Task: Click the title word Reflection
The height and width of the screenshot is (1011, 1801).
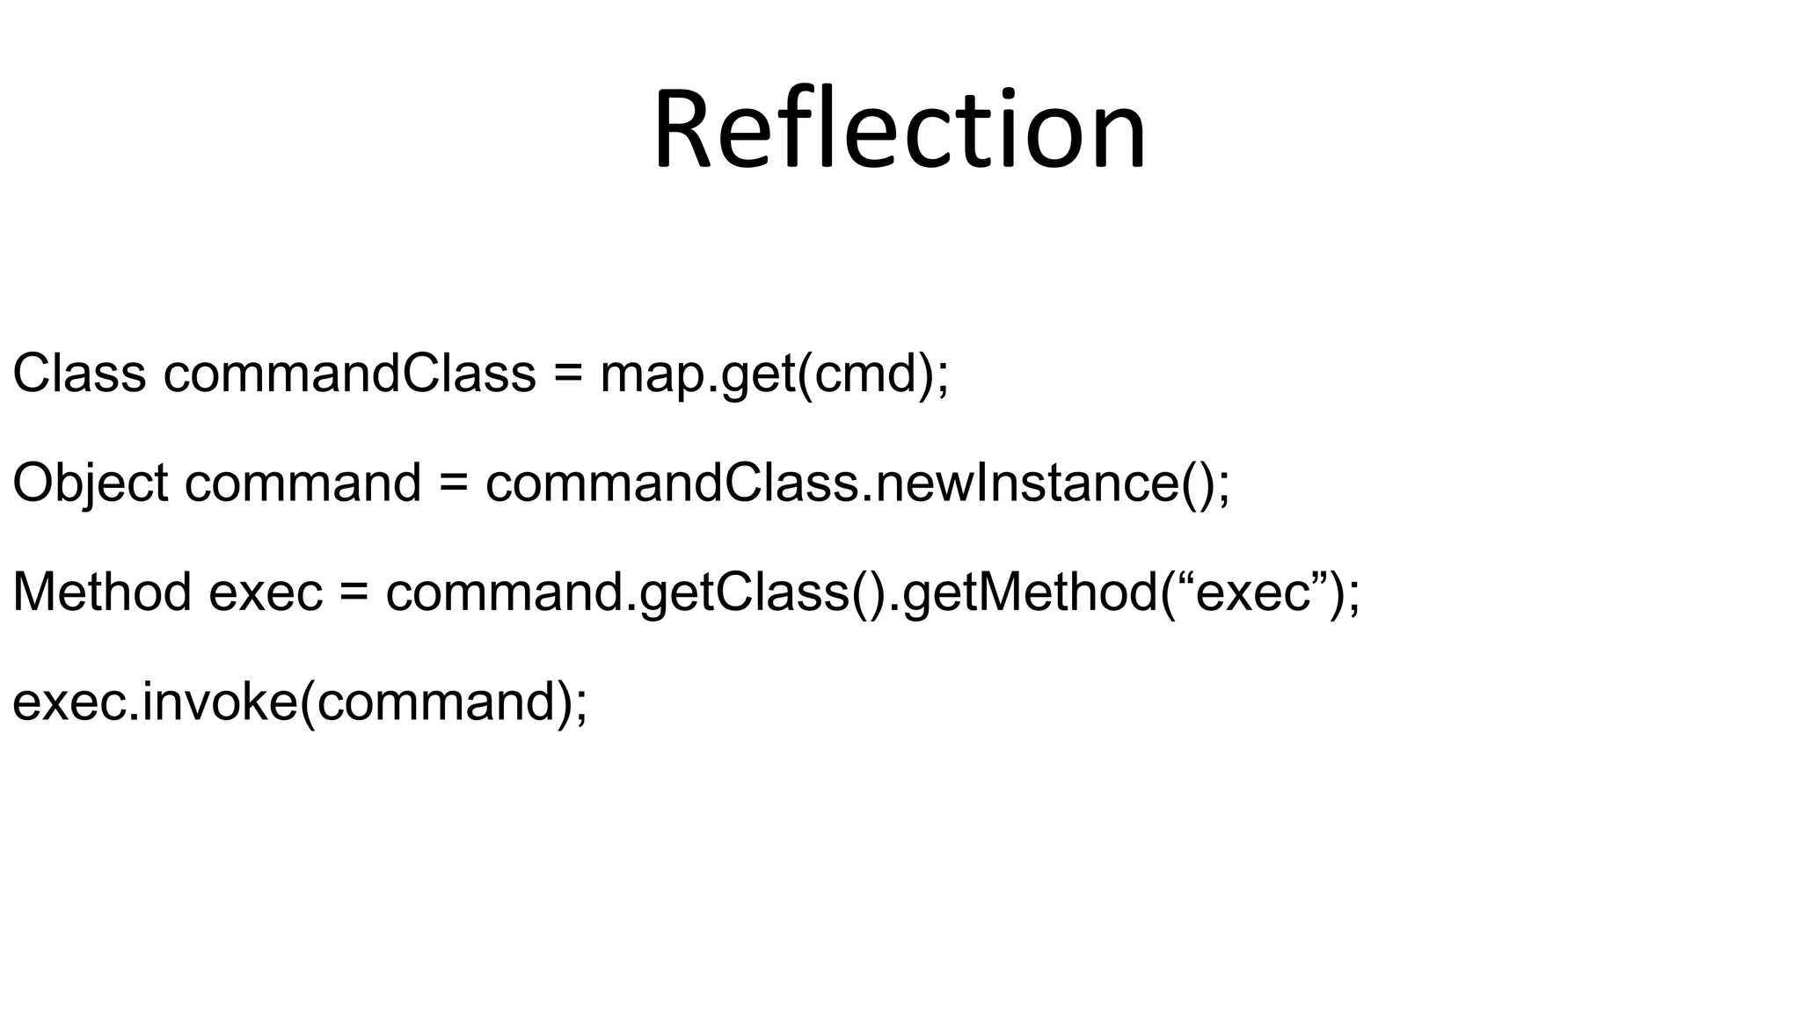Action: (x=900, y=130)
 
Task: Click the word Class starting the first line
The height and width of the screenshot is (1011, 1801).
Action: (x=79, y=373)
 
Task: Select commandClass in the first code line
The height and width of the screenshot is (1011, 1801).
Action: (x=349, y=373)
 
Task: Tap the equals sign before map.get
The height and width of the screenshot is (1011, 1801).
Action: (x=568, y=375)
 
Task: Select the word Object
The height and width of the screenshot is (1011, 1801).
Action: (x=90, y=484)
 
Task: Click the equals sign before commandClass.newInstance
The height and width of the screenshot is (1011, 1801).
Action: (x=453, y=484)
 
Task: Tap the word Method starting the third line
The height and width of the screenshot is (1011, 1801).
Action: (x=102, y=592)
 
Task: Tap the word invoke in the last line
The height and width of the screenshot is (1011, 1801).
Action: (x=220, y=702)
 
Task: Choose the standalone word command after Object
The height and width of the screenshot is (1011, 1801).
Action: (x=303, y=484)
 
